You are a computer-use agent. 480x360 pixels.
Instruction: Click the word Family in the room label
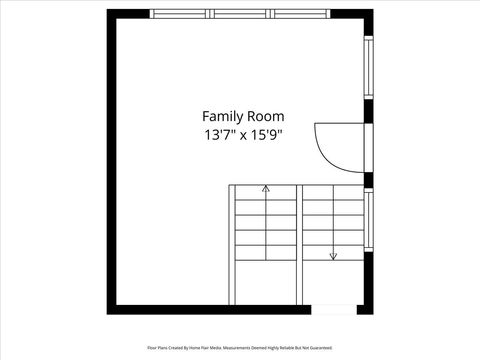[x=222, y=116]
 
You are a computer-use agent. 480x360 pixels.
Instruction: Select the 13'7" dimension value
[x=218, y=134]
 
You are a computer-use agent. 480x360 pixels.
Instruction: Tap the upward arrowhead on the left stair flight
[x=266, y=187]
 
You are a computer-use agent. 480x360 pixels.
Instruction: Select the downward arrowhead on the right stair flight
[x=333, y=256]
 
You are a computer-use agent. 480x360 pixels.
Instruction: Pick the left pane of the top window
[x=180, y=14]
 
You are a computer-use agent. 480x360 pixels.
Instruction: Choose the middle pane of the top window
[x=240, y=14]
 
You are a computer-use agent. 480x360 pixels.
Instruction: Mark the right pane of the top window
[x=301, y=14]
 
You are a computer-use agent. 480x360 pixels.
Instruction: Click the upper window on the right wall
[x=368, y=66]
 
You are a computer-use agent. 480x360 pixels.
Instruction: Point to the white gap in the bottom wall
[x=335, y=309]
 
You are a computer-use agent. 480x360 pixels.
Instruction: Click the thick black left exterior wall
[x=111, y=160]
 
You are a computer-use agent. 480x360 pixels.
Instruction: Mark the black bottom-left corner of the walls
[x=112, y=309]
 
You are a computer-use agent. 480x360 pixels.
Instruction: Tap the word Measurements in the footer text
[x=246, y=348]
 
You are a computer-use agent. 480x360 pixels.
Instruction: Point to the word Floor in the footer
[x=152, y=348]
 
